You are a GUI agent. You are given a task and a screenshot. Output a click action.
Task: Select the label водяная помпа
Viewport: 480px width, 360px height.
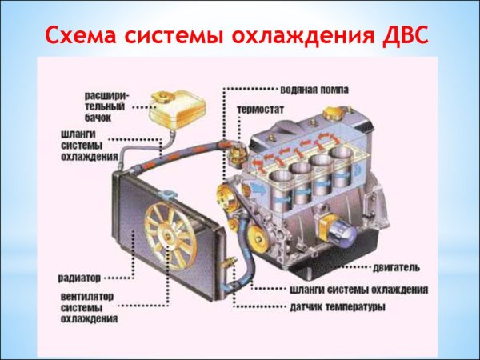313,89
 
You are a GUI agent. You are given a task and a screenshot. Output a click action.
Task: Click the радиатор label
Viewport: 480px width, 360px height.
79,278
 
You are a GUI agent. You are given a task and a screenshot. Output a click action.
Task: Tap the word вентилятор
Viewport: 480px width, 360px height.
87,295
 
